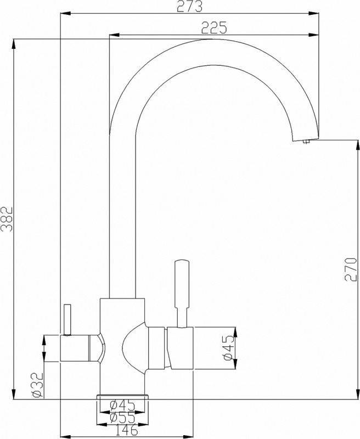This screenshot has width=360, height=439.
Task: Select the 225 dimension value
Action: [214, 29]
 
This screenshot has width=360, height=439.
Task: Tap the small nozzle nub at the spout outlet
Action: [306, 143]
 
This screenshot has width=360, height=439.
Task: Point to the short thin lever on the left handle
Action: [67, 319]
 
